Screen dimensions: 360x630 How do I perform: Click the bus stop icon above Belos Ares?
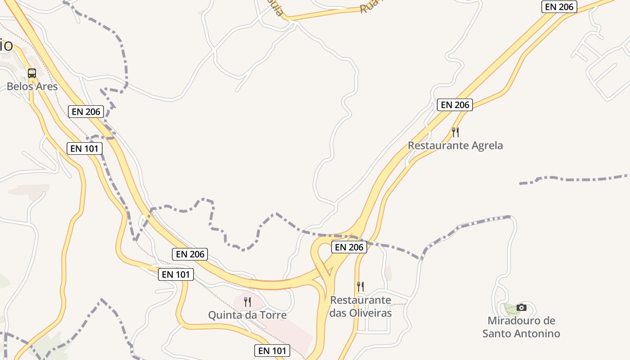(x=32, y=73)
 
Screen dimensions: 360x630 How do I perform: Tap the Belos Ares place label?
(x=32, y=86)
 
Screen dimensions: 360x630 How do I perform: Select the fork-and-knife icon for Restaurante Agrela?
(x=455, y=132)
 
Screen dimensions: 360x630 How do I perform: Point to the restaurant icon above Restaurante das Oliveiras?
(x=360, y=286)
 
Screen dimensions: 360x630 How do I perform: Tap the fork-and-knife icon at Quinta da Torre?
(x=247, y=301)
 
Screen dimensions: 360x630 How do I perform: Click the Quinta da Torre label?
(x=247, y=315)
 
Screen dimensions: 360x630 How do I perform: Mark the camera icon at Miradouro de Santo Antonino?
(x=522, y=307)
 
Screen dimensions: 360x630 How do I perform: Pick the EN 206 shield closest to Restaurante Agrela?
(x=455, y=105)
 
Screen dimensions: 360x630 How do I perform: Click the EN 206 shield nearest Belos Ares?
(x=86, y=112)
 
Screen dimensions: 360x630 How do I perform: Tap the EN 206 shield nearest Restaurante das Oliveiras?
(x=349, y=247)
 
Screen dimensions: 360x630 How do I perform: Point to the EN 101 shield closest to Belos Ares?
(x=85, y=148)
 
